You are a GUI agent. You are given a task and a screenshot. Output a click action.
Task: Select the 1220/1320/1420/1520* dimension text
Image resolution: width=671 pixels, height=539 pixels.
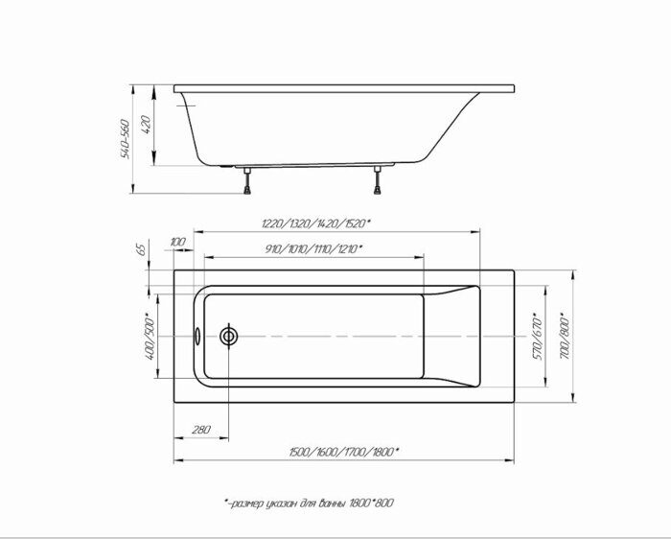coord(315,223)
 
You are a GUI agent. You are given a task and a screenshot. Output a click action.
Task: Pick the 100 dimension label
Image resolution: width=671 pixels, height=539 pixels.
coord(177,241)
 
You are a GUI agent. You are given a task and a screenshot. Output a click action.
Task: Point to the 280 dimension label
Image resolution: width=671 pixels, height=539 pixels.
coord(201,430)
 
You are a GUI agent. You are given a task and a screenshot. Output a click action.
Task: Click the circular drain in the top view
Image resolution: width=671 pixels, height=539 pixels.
coord(229,337)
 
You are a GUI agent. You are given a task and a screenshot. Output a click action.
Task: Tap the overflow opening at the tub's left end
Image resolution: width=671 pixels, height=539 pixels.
coord(197,337)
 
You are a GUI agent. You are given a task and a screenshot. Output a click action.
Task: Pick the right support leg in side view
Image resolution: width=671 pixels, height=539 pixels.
coord(379,181)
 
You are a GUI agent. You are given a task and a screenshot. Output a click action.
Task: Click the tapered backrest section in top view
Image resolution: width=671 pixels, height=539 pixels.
coord(451,336)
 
